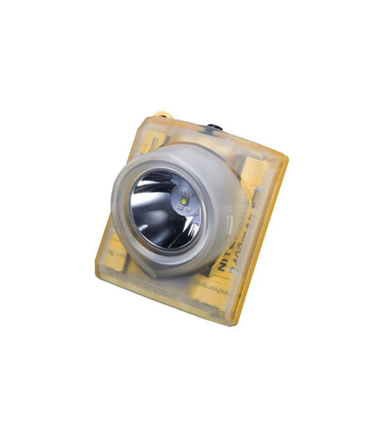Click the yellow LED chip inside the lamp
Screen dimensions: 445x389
coord(184,199)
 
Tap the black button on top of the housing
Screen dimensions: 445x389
coord(215,128)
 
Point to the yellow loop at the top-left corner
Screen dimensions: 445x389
coord(162,116)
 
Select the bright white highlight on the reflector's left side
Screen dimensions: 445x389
coord(139,209)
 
